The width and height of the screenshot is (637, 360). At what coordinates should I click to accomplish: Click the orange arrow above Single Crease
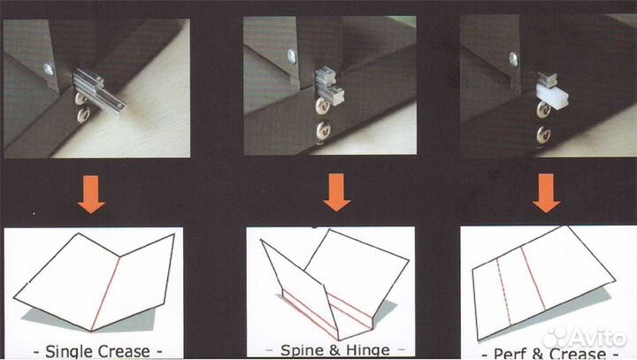click(x=91, y=195)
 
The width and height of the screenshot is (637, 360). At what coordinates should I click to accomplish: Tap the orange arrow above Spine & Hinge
click(x=337, y=193)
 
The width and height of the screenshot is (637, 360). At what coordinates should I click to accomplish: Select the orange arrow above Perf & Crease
click(x=547, y=194)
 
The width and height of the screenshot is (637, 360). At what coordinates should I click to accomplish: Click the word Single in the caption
click(x=70, y=351)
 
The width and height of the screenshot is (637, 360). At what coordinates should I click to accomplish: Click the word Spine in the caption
click(x=298, y=350)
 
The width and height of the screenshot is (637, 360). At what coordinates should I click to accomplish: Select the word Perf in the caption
click(x=510, y=353)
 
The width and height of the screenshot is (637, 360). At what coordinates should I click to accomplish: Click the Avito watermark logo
click(x=585, y=338)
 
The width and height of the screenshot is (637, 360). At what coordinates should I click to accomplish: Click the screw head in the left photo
click(x=49, y=70)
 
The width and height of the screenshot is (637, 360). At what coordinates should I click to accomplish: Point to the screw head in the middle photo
click(x=291, y=57)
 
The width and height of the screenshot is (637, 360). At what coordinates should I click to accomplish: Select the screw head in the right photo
click(x=513, y=60)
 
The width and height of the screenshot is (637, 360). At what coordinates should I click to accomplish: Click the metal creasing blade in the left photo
click(x=99, y=92)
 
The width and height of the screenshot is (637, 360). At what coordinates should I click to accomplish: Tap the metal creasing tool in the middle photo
click(x=329, y=87)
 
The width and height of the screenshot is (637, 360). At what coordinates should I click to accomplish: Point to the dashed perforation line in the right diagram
click(x=503, y=292)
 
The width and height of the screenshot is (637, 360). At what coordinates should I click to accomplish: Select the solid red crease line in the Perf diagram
click(x=533, y=279)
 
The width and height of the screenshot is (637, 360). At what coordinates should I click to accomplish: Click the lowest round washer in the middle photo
click(x=323, y=130)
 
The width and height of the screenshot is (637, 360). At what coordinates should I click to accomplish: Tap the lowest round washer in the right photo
click(x=543, y=135)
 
